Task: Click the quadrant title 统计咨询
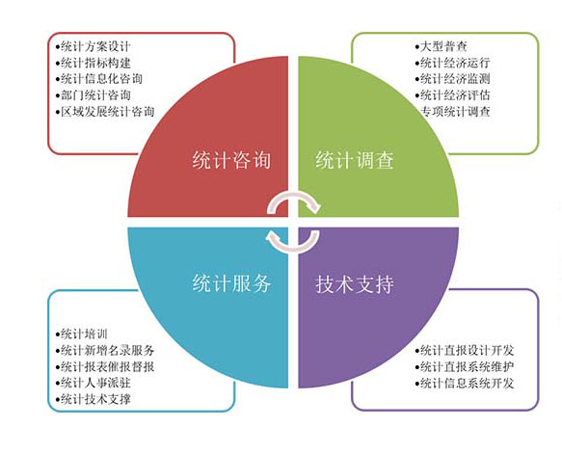pos(231,160)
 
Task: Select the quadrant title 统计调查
pos(355,160)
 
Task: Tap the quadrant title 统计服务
pos(231,283)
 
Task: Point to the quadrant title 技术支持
pos(355,284)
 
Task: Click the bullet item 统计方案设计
pos(94,46)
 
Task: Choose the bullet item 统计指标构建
pos(94,63)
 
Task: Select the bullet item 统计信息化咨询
pos(99,79)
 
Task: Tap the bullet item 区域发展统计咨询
pos(105,112)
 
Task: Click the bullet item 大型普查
pos(442,46)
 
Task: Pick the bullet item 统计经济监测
pos(453,79)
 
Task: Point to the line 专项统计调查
pos(455,112)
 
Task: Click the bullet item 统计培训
pos(81,334)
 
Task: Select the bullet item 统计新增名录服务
pos(105,350)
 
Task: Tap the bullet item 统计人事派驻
pos(94,383)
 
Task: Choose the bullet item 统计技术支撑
pos(94,399)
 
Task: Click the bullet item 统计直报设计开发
pos(465,350)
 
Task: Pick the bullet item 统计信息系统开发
pos(465,383)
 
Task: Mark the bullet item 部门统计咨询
pos(94,95)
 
